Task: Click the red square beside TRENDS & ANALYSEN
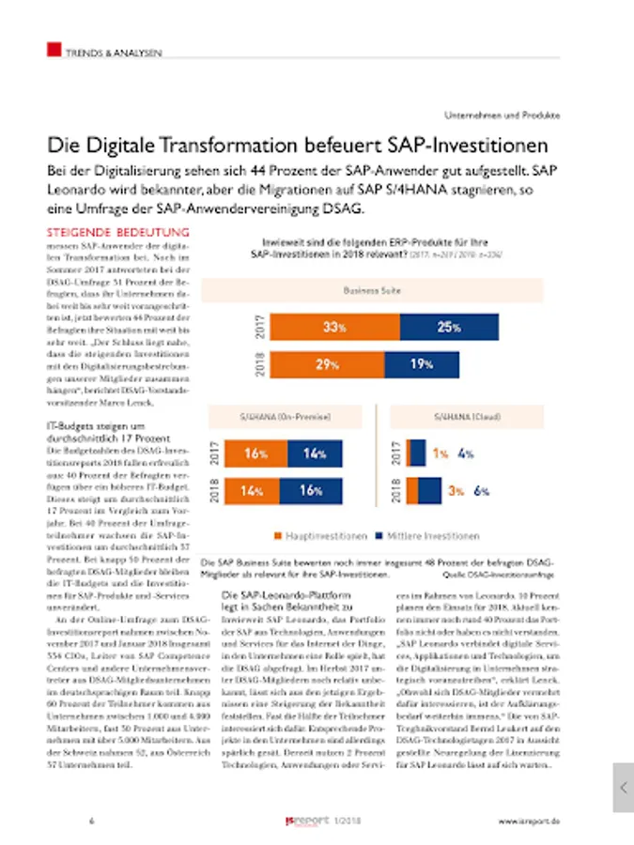[54, 49]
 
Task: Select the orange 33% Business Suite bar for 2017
[332, 328]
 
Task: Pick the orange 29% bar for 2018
[326, 363]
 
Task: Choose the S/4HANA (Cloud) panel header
[467, 416]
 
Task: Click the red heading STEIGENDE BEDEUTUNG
[118, 231]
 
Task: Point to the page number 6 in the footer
[91, 821]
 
